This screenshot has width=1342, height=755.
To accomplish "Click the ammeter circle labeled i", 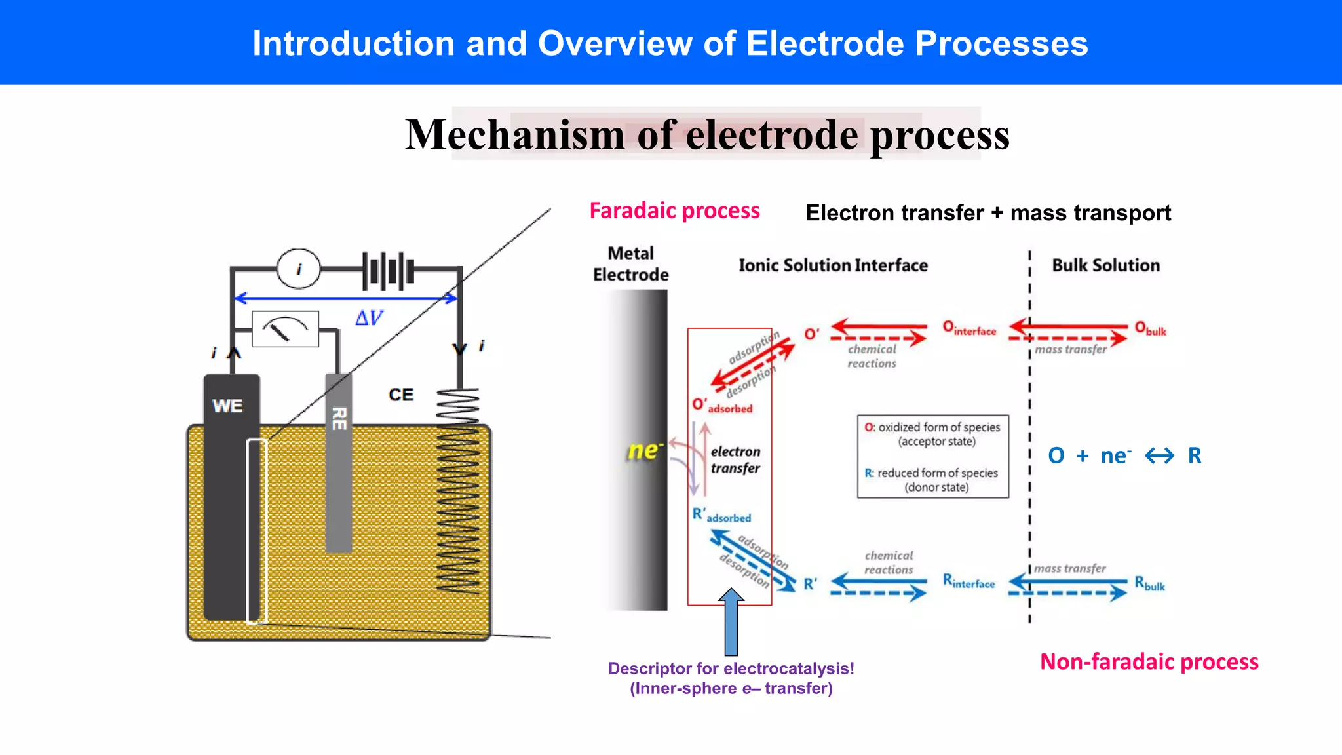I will coord(299,269).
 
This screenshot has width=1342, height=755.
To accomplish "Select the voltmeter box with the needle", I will coord(285,328).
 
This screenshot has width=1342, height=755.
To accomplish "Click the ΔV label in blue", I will coord(369,319).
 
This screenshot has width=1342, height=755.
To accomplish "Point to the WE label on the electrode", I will coord(227,406).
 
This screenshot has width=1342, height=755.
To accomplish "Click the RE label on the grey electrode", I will coord(339,418).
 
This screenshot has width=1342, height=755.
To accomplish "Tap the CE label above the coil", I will coord(400,395).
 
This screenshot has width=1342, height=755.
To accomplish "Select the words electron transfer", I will coord(735,459).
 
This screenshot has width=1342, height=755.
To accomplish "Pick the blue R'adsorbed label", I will coord(721,516).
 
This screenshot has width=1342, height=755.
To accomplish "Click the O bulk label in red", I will coord(1150,329).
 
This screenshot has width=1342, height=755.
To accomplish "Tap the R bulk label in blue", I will coord(1149,583).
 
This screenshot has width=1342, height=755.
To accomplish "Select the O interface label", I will coord(969,328).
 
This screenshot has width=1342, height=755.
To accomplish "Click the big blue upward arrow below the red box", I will coord(731,623).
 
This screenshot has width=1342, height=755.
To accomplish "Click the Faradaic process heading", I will coord(674,211).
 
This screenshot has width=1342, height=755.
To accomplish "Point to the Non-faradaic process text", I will coord(1149,662).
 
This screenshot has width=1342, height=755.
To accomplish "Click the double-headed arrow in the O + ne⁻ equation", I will coord(1159,455).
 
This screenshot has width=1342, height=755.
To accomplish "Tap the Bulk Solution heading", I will coord(1105,265).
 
